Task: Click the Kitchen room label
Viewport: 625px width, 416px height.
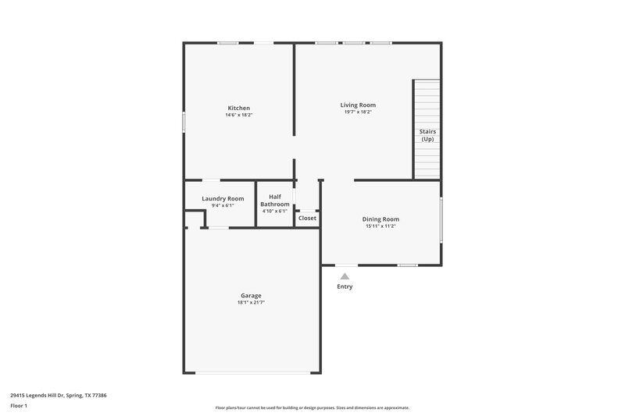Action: pyautogui.click(x=238, y=108)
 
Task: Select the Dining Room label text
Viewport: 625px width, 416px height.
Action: pyautogui.click(x=380, y=219)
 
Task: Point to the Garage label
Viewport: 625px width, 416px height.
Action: pyautogui.click(x=251, y=296)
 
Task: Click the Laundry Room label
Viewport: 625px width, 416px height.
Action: pyautogui.click(x=223, y=199)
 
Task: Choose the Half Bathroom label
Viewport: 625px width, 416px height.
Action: pyautogui.click(x=275, y=201)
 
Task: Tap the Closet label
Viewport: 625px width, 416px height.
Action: pyautogui.click(x=308, y=218)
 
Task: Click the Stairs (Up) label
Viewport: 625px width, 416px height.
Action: pyautogui.click(x=427, y=136)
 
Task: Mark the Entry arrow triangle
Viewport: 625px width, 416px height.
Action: pyautogui.click(x=345, y=276)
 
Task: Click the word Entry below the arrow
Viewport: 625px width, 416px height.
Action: pyautogui.click(x=345, y=286)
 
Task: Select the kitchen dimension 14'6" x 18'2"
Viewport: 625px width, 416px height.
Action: pyautogui.click(x=238, y=115)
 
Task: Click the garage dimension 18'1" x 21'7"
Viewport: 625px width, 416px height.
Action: pyautogui.click(x=251, y=303)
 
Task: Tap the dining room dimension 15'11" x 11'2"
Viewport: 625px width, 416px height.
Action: pyautogui.click(x=380, y=226)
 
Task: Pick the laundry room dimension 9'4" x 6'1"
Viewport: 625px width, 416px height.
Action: pyautogui.click(x=223, y=205)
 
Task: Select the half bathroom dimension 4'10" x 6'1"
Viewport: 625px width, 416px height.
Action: pyautogui.click(x=275, y=211)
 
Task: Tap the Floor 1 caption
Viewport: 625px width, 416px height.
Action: pyautogui.click(x=20, y=407)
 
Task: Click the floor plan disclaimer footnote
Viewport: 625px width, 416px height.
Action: pyautogui.click(x=312, y=407)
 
